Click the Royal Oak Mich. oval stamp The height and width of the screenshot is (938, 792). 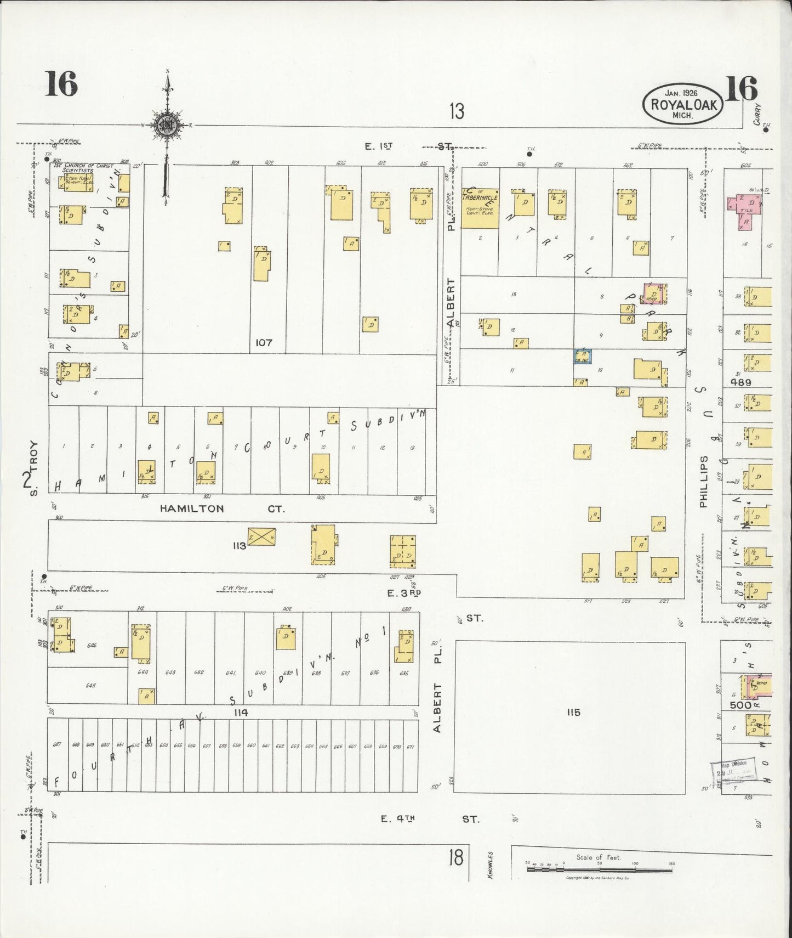(x=683, y=104)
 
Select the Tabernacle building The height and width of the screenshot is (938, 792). (x=480, y=208)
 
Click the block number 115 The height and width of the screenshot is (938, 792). (x=574, y=713)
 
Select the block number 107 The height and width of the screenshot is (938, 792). (x=264, y=342)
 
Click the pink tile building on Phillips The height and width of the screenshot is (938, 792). (x=746, y=210)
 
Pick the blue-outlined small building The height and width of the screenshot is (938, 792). (x=582, y=356)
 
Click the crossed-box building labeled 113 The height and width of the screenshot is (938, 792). (x=261, y=536)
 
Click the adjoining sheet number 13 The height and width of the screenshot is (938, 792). (x=457, y=111)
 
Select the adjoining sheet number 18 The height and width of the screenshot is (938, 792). (x=456, y=857)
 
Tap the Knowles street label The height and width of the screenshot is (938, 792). (x=491, y=864)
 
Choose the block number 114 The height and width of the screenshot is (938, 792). (x=240, y=713)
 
